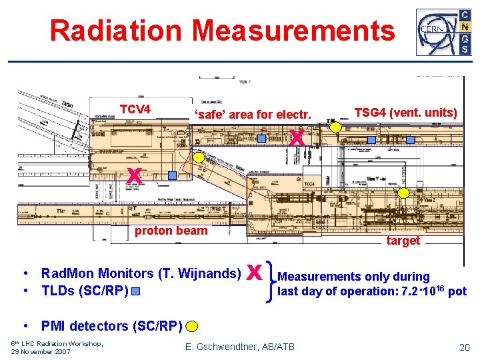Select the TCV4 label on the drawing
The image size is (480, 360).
pos(135,109)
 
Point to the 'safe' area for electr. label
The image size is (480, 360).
pos(253,115)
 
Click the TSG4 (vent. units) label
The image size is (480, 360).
pos(405,113)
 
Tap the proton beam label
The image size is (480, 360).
pos(171,231)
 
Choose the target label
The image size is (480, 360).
pos(403,241)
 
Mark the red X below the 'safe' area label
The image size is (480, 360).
pos(297,138)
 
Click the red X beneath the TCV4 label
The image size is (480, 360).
pos(133,175)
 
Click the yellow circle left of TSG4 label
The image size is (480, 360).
pos(337,127)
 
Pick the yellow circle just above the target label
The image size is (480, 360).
pos(403,193)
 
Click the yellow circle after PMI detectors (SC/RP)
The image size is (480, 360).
pos(192,326)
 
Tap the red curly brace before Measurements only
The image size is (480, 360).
pos(271,283)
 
